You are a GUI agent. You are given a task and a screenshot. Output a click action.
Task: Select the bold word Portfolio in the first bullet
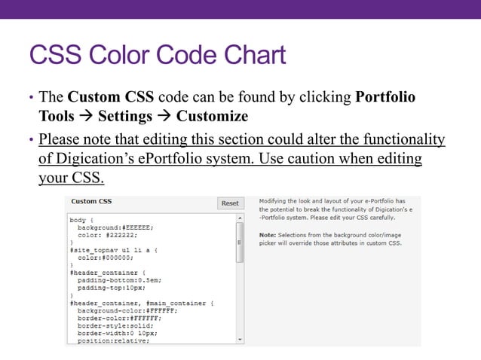[x=384, y=98]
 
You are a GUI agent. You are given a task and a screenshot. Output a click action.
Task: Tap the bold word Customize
[x=212, y=117]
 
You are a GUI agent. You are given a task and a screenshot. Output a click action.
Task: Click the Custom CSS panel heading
[x=92, y=202]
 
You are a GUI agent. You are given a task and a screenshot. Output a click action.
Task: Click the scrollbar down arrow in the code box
[x=240, y=340]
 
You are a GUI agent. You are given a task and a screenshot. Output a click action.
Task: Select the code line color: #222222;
[x=106, y=234]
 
